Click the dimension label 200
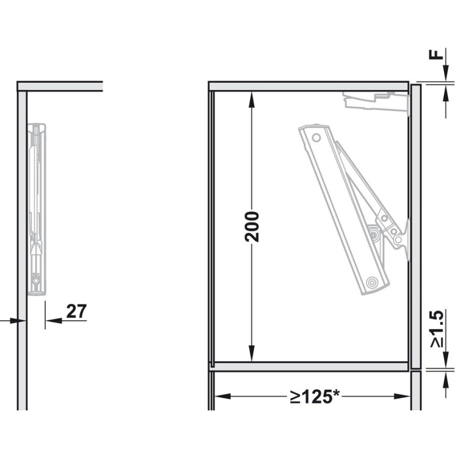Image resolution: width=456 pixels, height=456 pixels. pyautogui.click(x=252, y=227)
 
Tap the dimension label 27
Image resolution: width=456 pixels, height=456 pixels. pyautogui.click(x=76, y=311)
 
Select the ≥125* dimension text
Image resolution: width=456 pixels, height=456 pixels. pyautogui.click(x=315, y=396)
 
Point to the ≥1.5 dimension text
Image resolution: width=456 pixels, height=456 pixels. pyautogui.click(x=437, y=328)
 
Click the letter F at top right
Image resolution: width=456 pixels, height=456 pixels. pyautogui.click(x=436, y=54)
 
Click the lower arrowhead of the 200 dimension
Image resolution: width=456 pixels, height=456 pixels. pyautogui.click(x=252, y=354)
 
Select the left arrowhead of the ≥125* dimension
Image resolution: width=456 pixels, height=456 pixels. pyautogui.click(x=222, y=396)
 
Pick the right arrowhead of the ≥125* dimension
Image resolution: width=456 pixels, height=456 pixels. pyautogui.click(x=402, y=396)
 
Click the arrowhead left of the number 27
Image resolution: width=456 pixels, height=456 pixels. pyautogui.click(x=54, y=321)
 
